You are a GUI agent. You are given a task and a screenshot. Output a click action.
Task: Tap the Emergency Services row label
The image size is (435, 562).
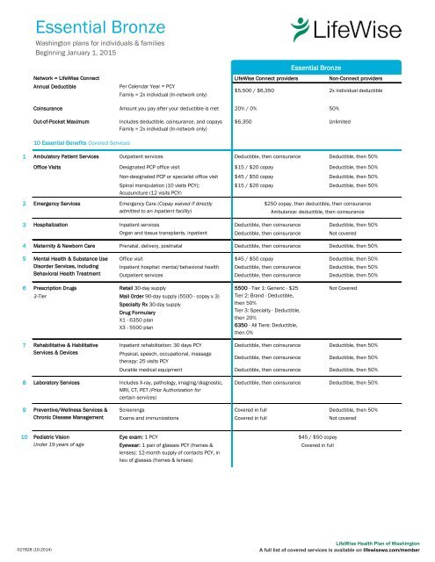[x=63, y=204]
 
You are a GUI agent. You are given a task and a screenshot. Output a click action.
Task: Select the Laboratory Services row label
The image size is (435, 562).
[x=65, y=384]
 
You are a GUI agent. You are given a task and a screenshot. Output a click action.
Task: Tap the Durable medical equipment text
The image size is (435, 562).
[x=157, y=369]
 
